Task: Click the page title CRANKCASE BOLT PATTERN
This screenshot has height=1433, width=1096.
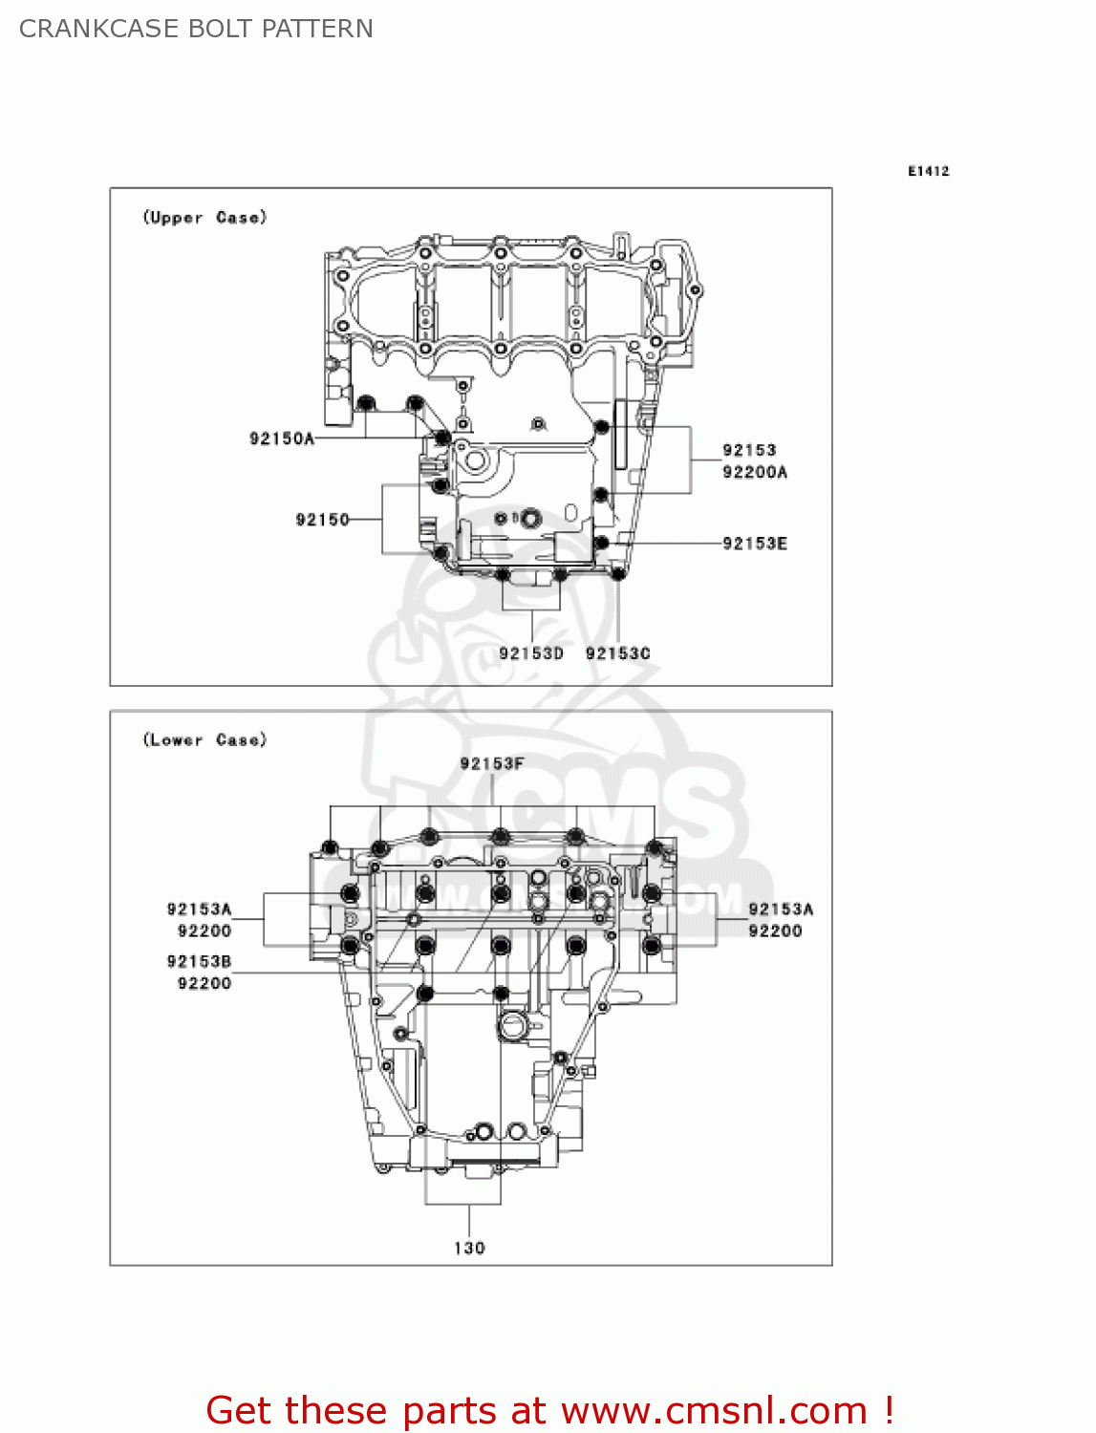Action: tap(196, 29)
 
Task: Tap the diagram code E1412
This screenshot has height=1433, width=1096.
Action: tap(928, 171)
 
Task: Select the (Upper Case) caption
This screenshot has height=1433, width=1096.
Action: tap(204, 218)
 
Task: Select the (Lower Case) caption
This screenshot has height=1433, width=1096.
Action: tap(204, 740)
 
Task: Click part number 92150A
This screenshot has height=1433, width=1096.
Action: tap(281, 438)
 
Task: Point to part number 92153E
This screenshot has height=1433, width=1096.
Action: tap(754, 544)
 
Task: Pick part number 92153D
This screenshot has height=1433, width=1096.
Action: tap(530, 653)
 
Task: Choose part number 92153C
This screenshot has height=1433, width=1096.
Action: tap(617, 653)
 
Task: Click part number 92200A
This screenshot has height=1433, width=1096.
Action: tap(754, 472)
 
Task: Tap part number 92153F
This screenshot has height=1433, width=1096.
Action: tap(491, 763)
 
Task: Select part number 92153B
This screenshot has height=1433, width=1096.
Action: tap(199, 962)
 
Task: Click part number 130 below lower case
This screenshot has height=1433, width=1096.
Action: tap(469, 1248)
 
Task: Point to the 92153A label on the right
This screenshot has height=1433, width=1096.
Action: tap(780, 909)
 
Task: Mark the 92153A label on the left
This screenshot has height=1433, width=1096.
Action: tap(199, 909)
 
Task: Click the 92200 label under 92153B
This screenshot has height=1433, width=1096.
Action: tap(204, 983)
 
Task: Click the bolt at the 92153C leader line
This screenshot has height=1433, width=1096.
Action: tap(617, 573)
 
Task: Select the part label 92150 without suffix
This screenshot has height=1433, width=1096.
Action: tap(322, 520)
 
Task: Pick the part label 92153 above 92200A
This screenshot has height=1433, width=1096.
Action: tap(748, 450)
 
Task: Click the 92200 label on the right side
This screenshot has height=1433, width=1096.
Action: tap(774, 931)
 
